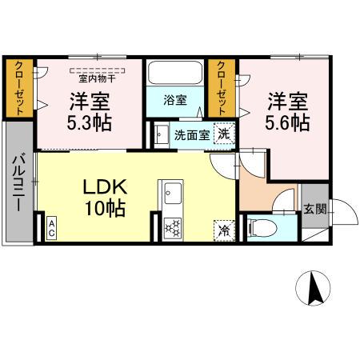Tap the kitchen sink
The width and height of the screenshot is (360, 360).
(172, 194)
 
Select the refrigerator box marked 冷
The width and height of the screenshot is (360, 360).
(223, 229)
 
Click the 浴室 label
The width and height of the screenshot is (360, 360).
(176, 101)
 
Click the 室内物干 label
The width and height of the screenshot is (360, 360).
(95, 78)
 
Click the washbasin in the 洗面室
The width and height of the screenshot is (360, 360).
(161, 134)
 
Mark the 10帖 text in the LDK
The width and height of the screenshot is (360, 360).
(105, 210)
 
